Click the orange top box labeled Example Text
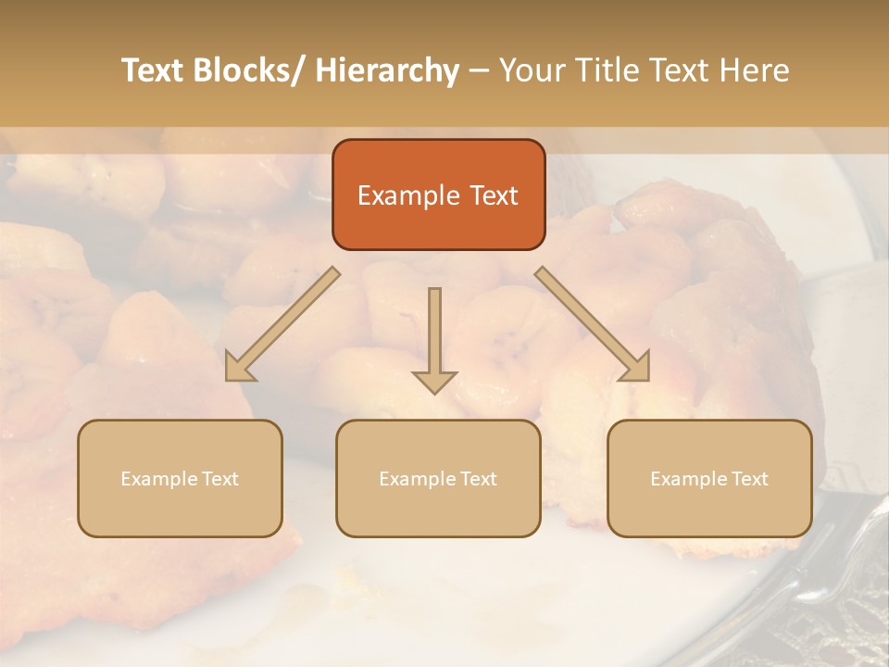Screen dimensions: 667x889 tap(438, 195)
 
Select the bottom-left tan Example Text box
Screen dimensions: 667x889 tap(180, 478)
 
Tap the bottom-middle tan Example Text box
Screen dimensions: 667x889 tap(438, 478)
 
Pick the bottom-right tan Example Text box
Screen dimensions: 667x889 tap(709, 478)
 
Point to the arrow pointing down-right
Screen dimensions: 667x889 tap(593, 324)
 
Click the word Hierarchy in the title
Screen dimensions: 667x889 tap(387, 70)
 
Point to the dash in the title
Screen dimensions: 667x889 tap(479, 70)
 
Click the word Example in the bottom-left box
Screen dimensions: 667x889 tap(158, 479)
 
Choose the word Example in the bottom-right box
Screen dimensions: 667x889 tap(688, 479)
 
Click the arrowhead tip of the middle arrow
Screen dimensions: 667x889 tap(434, 392)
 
